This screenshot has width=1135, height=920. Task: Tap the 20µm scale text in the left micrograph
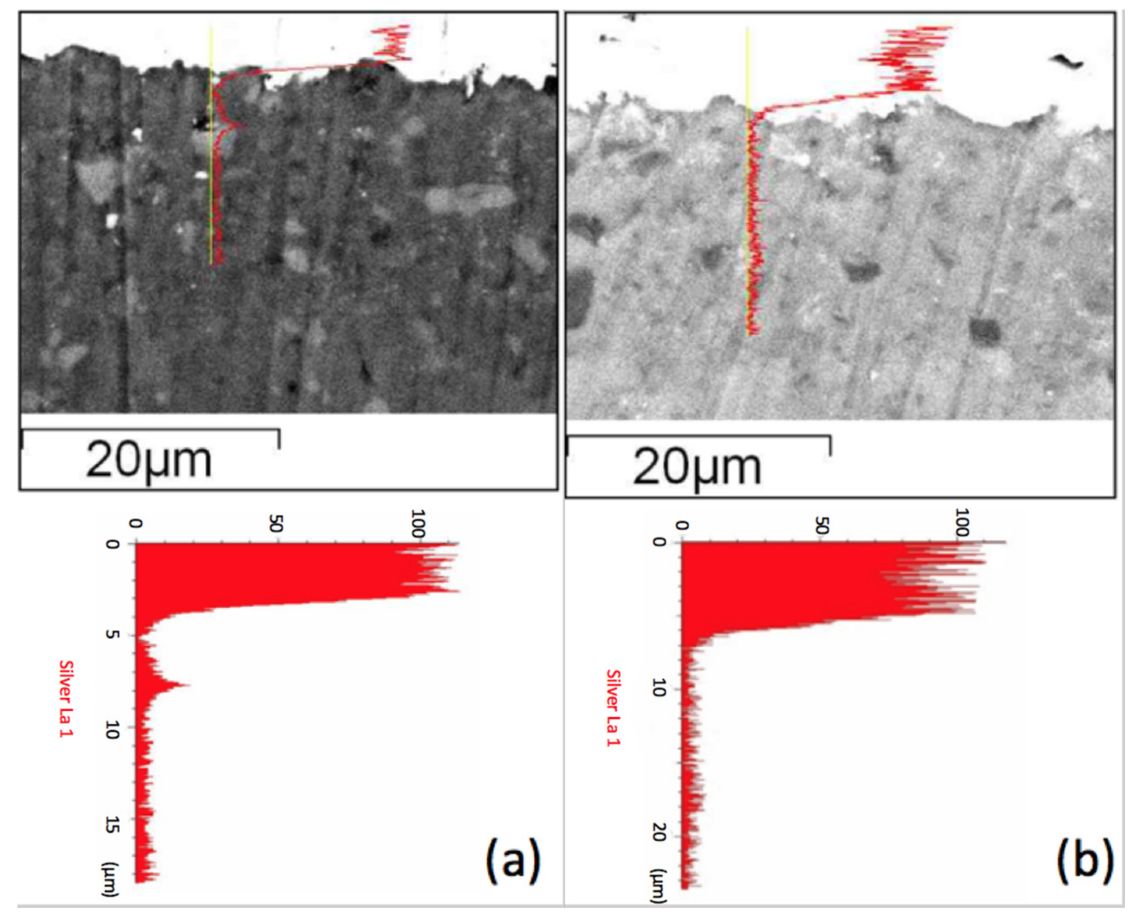(149, 460)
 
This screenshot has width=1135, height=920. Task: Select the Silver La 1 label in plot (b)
(613, 707)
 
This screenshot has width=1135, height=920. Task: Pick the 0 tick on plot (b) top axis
(683, 525)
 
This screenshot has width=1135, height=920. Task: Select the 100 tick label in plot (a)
(418, 524)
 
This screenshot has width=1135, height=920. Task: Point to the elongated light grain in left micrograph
(469, 199)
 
